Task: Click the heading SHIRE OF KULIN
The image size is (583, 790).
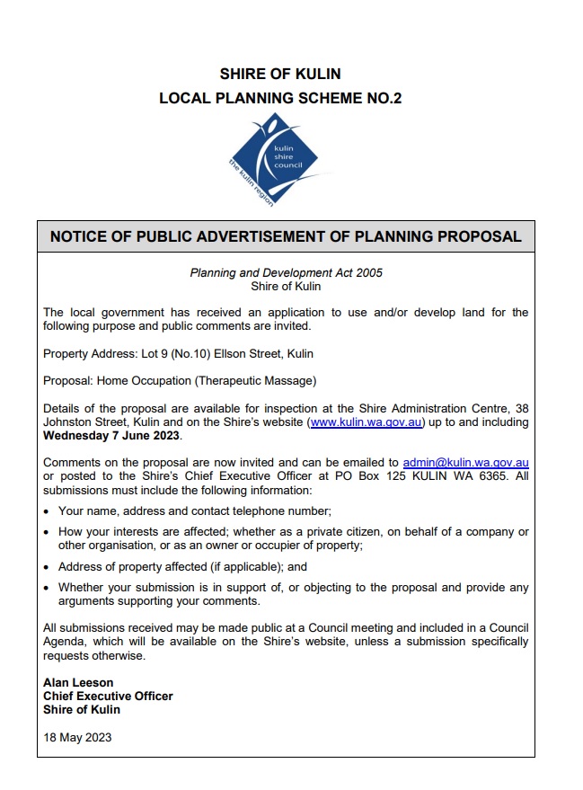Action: [280, 74]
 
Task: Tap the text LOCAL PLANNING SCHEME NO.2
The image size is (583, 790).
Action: [280, 98]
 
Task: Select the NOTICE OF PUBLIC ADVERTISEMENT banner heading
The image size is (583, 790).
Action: [286, 237]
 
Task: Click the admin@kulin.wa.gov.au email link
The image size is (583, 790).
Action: [465, 463]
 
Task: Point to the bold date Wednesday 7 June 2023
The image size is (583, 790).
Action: [111, 436]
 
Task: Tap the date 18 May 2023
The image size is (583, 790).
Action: [77, 738]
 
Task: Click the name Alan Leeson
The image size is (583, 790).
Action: [78, 683]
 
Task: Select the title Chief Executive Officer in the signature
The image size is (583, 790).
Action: [108, 697]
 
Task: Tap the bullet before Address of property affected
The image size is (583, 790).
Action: [47, 568]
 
